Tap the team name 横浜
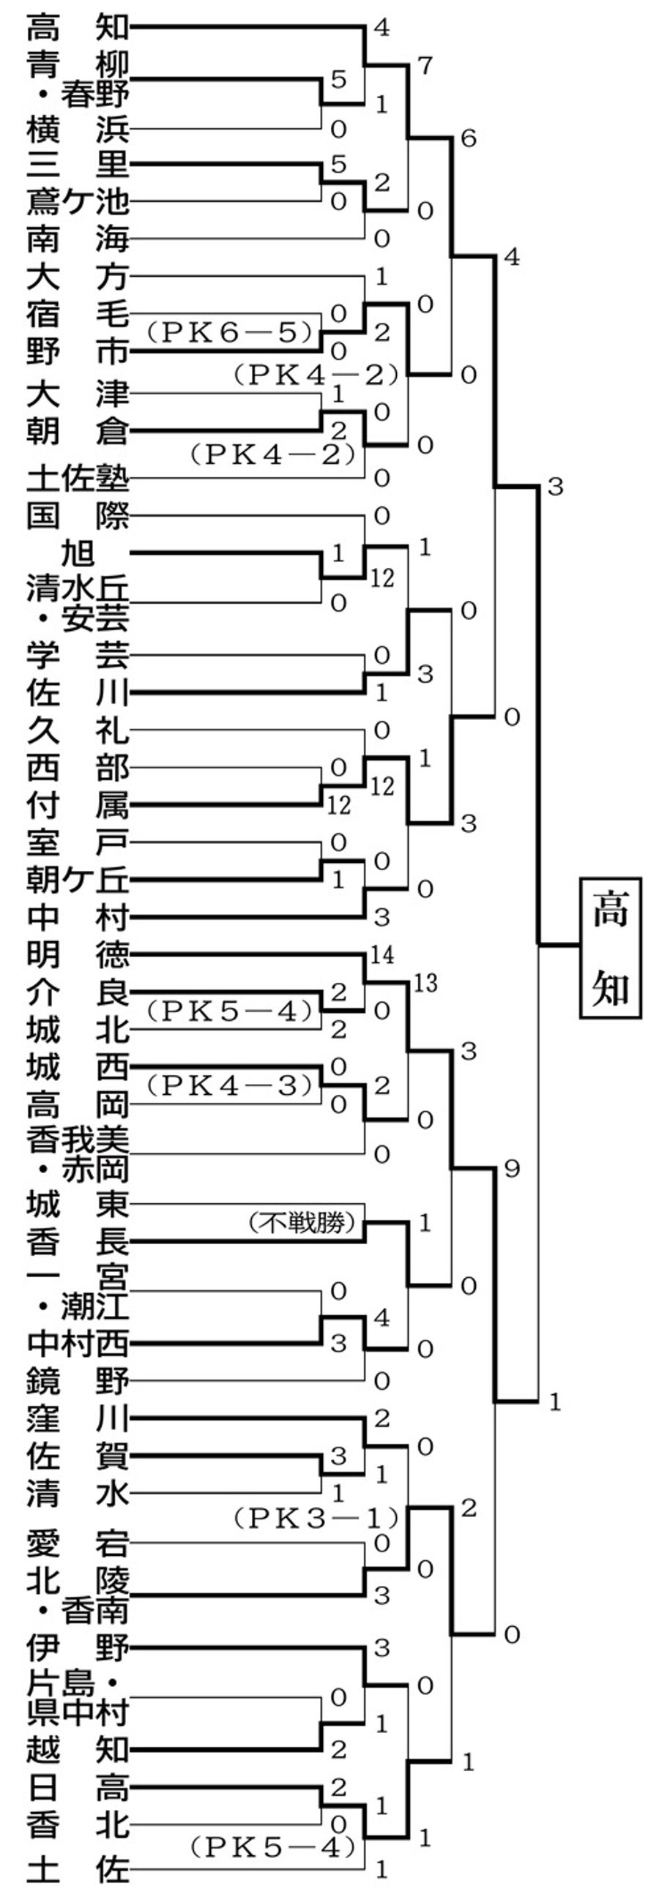click(78, 130)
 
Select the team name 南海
click(78, 239)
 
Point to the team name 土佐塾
click(78, 479)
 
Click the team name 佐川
click(78, 692)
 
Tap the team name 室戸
click(78, 842)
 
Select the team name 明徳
click(78, 955)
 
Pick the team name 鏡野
click(78, 1382)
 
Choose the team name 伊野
click(78, 1647)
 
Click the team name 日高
click(78, 1788)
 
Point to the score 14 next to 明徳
click(381, 955)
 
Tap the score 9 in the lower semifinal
click(512, 1168)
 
